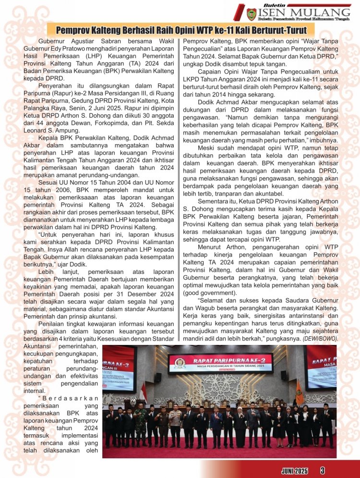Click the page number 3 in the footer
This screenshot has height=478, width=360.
coord(323,470)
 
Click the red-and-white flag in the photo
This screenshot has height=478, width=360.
coord(143,392)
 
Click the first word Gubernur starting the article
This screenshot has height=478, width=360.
coord(53,41)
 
